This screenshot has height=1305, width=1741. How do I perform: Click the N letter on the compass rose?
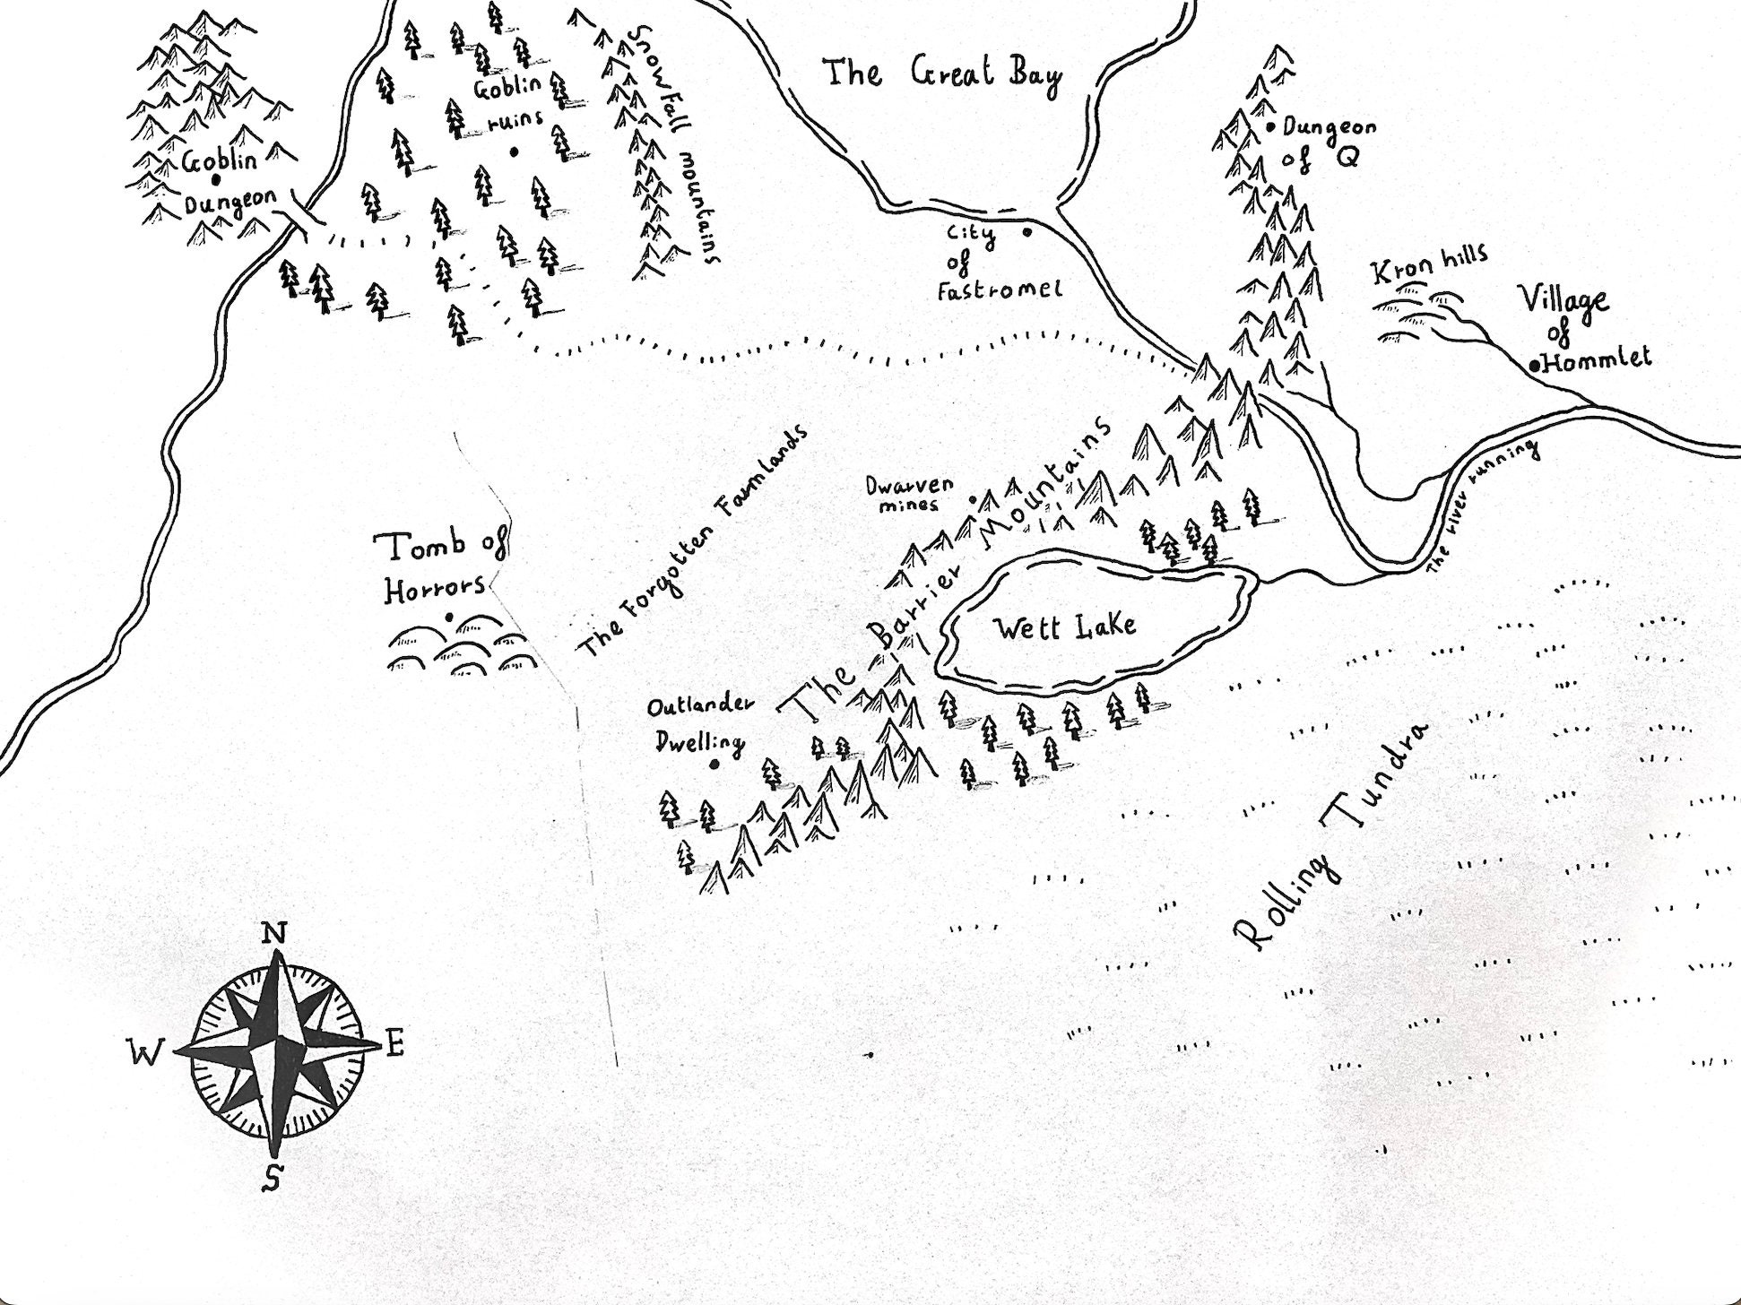pyautogui.click(x=274, y=935)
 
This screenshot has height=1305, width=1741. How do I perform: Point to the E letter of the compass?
pyautogui.click(x=395, y=1043)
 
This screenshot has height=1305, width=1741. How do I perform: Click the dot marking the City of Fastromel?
pyautogui.click(x=1026, y=232)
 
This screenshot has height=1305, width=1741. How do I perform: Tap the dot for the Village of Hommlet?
pyautogui.click(x=1536, y=365)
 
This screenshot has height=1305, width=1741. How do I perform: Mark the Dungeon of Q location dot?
pyautogui.click(x=1271, y=128)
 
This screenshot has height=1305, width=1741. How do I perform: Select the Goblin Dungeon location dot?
pyautogui.click(x=216, y=179)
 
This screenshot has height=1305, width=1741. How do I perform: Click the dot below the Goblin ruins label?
pyautogui.click(x=514, y=152)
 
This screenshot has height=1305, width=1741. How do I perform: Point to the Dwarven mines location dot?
pyautogui.click(x=974, y=500)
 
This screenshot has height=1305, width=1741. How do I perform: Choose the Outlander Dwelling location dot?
pyautogui.click(x=715, y=765)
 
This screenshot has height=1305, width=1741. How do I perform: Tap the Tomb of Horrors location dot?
pyautogui.click(x=448, y=617)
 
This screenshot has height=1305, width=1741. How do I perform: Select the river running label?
pyautogui.click(x=1485, y=506)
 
